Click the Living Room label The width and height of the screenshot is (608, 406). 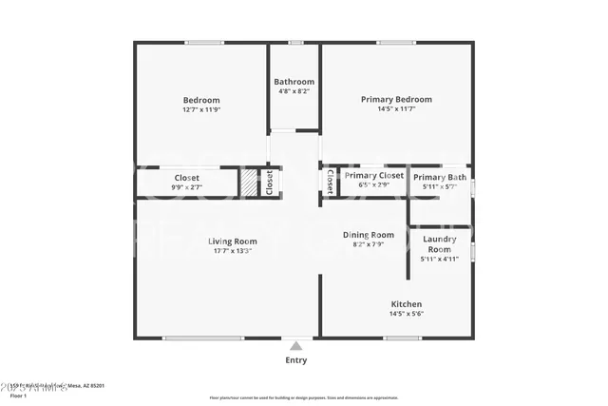pyautogui.click(x=233, y=242)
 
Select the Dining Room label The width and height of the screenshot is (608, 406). pyautogui.click(x=369, y=235)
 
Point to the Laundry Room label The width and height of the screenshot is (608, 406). pyautogui.click(x=440, y=243)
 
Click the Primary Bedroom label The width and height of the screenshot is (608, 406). pyautogui.click(x=396, y=99)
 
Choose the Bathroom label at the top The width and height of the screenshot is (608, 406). pyautogui.click(x=294, y=82)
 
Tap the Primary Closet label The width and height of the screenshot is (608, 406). pyautogui.click(x=374, y=176)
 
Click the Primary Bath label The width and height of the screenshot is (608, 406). pyautogui.click(x=440, y=177)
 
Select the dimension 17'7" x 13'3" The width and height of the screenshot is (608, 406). pyautogui.click(x=233, y=252)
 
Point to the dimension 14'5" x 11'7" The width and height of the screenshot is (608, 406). pyautogui.click(x=396, y=109)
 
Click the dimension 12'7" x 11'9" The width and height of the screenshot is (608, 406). pyautogui.click(x=201, y=110)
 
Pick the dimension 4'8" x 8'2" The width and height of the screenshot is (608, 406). pyautogui.click(x=294, y=92)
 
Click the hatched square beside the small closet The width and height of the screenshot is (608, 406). pyautogui.click(x=248, y=182)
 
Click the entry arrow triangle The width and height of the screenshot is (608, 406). pyautogui.click(x=296, y=347)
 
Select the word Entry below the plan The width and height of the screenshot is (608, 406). pyautogui.click(x=296, y=360)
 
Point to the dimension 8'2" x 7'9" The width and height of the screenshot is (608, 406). pyautogui.click(x=369, y=245)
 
